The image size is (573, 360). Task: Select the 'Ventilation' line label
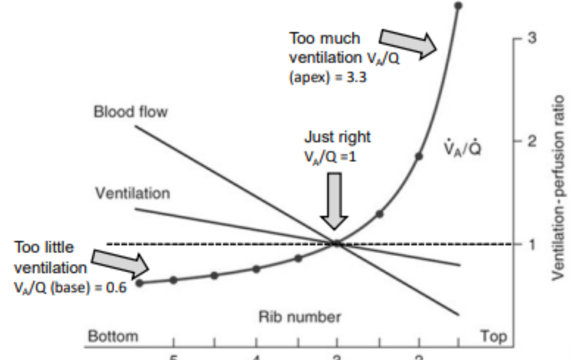133,193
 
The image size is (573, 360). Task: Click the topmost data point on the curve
459,5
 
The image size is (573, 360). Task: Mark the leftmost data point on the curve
139,283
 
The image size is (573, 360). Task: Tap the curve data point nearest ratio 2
419,156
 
